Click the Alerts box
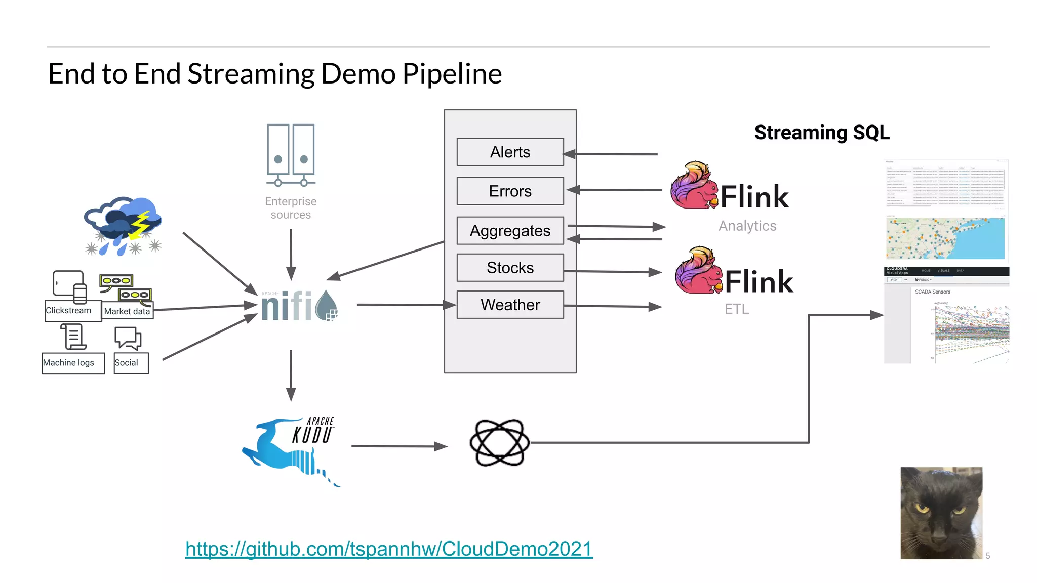pyautogui.click(x=510, y=152)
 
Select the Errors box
pyautogui.click(x=510, y=191)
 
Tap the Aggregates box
pyautogui.click(x=510, y=230)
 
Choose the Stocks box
pyautogui.click(x=510, y=267)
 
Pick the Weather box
pyautogui.click(x=510, y=304)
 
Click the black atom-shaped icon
pyautogui.click(x=499, y=443)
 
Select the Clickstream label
pyautogui.click(x=68, y=310)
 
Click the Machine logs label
pyautogui.click(x=68, y=363)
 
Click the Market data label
pyautogui.click(x=127, y=311)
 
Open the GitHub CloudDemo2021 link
pyautogui.click(x=389, y=549)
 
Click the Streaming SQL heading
pyautogui.click(x=821, y=133)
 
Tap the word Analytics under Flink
pyautogui.click(x=747, y=226)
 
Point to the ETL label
pyautogui.click(x=736, y=309)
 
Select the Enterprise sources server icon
pyautogui.click(x=291, y=154)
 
